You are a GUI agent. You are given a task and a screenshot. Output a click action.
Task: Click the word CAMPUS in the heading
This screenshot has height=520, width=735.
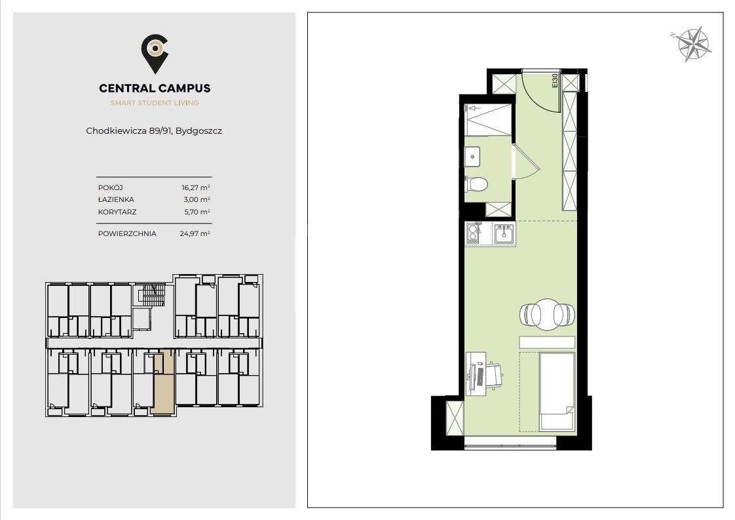click(x=183, y=89)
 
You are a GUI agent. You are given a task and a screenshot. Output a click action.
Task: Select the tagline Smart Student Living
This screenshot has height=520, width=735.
click(x=155, y=103)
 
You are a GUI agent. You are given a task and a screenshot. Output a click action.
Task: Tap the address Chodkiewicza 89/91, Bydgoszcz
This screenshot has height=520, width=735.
click(x=154, y=130)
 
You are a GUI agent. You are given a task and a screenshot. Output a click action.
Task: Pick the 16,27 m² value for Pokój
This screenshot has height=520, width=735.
click(x=196, y=188)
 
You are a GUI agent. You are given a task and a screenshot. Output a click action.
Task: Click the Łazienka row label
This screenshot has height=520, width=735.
click(x=116, y=199)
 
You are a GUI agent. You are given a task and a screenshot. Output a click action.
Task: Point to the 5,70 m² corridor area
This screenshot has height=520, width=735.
click(x=197, y=212)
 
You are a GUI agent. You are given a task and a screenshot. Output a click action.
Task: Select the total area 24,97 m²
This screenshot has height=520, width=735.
click(x=195, y=233)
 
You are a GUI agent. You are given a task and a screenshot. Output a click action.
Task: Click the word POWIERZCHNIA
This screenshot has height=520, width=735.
click(x=127, y=233)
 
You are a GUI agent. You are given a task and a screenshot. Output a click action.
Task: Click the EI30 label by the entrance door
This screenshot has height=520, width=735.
click(x=555, y=81)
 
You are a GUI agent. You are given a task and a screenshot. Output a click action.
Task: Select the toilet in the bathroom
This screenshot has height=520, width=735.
click(x=476, y=184)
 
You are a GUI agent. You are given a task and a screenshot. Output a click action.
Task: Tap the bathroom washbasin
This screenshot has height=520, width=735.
click(x=472, y=156)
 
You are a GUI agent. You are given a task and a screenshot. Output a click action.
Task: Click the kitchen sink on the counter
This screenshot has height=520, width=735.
click(x=504, y=233)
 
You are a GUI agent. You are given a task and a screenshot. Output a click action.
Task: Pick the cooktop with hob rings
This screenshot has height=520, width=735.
click(x=474, y=233)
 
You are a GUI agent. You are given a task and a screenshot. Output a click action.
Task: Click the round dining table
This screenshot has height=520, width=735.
click(x=547, y=314)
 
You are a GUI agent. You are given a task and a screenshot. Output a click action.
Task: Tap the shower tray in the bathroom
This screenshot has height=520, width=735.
click(x=488, y=120)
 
